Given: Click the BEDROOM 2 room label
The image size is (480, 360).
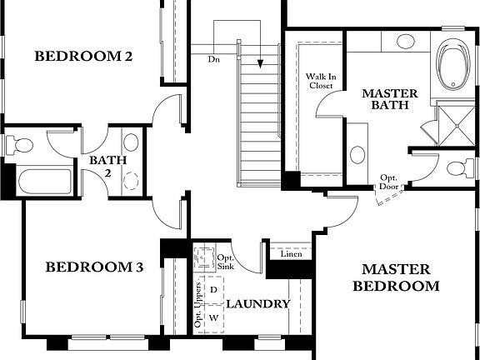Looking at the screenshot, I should point(83,57).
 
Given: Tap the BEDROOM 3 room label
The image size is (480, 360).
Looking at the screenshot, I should point(94,267).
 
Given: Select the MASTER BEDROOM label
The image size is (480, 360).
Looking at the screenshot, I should point(396,277).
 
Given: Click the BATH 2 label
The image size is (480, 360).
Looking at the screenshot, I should point(101,167).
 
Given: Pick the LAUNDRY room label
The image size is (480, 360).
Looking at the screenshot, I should point(257,304).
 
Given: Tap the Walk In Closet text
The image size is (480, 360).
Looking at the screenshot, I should point(320,79).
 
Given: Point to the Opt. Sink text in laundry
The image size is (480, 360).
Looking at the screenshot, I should point(226,262).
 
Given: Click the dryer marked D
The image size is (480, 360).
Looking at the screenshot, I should point(213,289).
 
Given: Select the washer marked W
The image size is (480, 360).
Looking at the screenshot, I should point(213,318).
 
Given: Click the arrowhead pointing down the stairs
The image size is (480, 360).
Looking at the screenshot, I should point(261,63).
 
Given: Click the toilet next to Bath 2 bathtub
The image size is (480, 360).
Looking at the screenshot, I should point(20,145).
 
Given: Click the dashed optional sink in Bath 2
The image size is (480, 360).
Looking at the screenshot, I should point(130,178).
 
